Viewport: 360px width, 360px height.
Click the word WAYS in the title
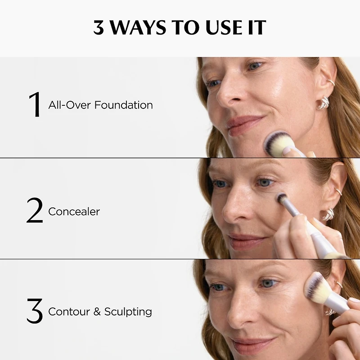point(139,27)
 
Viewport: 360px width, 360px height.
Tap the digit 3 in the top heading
point(98,27)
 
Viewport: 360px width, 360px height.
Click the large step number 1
point(35,105)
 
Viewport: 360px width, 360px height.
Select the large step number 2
point(35,211)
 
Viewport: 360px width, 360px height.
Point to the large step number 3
point(35,311)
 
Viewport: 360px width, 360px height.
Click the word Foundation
point(124,105)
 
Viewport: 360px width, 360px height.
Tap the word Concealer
point(74,211)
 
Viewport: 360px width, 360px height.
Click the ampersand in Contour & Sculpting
point(97,311)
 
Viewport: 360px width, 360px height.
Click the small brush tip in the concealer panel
point(282,198)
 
